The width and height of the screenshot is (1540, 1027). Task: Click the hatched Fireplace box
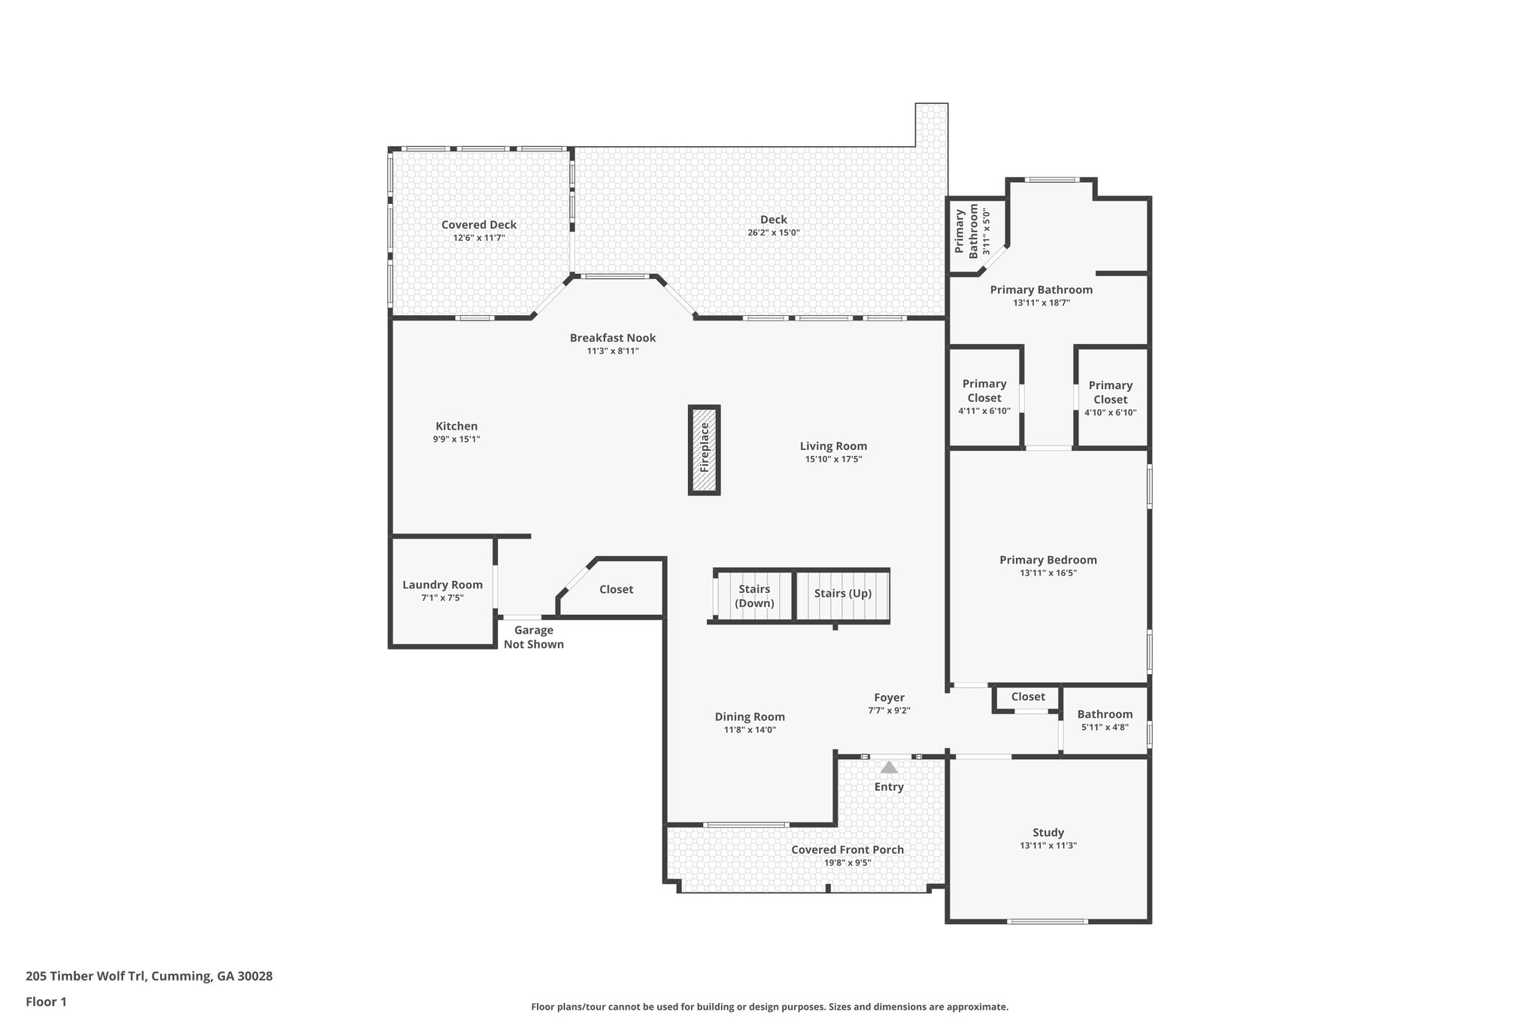point(705,450)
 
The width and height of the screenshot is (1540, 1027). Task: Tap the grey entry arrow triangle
point(889,767)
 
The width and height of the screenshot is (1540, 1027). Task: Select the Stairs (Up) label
point(842,593)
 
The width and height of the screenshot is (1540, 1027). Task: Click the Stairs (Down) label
point(754,596)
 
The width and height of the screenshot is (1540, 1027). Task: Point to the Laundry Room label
point(442,585)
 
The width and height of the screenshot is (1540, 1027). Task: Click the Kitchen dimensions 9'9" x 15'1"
point(456,439)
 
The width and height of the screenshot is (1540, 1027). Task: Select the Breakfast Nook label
point(613,338)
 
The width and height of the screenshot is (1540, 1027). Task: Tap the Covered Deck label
point(479,224)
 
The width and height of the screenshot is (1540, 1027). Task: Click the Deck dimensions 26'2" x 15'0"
point(773,233)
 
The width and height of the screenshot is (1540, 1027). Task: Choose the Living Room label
point(833,446)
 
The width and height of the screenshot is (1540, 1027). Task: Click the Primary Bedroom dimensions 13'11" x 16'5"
point(1048,573)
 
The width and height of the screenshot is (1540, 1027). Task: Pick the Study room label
point(1048,832)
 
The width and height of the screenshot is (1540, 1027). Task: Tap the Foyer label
point(889,697)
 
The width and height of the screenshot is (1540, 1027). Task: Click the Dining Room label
point(750,717)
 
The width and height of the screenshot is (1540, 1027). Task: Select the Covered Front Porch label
point(847,849)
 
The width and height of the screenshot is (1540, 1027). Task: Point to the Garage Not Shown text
point(534,637)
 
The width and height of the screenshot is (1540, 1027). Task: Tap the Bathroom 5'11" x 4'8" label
point(1105,714)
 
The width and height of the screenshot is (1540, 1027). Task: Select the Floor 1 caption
point(46,1001)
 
